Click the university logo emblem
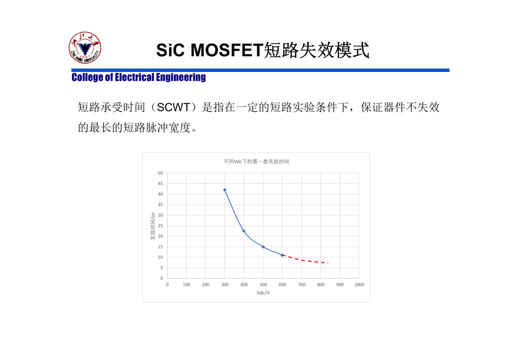click(85, 48)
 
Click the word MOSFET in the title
click(227, 50)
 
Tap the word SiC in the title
click(171, 50)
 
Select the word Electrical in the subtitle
click(134, 78)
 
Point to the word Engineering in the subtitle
click(181, 78)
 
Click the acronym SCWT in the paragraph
click(173, 107)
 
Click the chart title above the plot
click(256, 161)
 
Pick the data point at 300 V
click(225, 190)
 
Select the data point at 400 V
click(244, 231)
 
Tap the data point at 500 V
click(263, 247)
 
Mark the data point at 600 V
click(282, 255)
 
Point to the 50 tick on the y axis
click(160, 173)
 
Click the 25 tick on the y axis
click(160, 226)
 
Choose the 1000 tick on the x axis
click(359, 285)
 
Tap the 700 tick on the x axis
click(302, 285)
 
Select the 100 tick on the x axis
click(187, 285)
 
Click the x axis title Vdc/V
click(263, 293)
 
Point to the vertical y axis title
click(153, 226)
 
